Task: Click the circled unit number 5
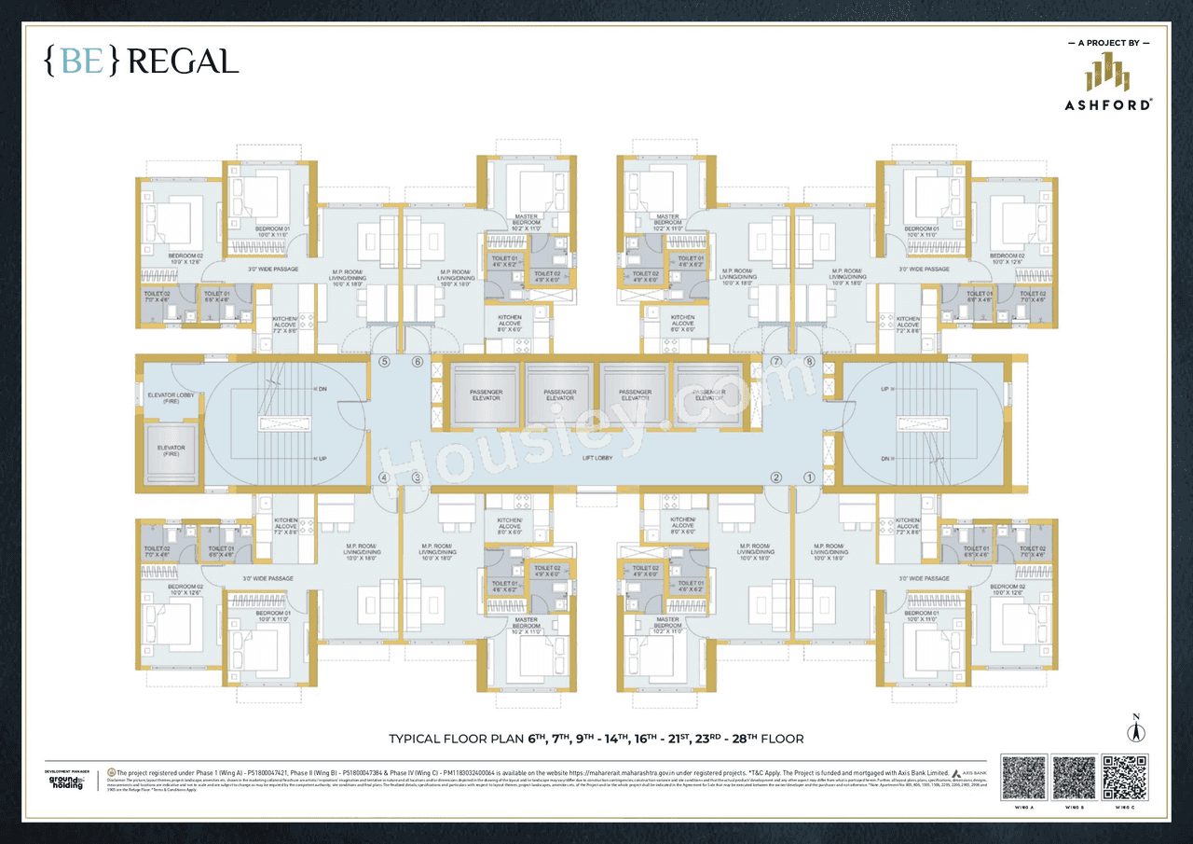tap(383, 362)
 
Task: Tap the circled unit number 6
tap(418, 362)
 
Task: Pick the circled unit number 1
tap(809, 477)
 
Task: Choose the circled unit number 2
tap(775, 477)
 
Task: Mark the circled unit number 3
tap(418, 477)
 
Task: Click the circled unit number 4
tap(383, 477)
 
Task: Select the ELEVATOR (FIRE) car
tap(171, 451)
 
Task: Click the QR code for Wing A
tap(1023, 778)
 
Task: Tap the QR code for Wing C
tap(1124, 778)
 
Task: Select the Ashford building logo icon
tap(1107, 73)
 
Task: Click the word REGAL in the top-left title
tap(183, 62)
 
